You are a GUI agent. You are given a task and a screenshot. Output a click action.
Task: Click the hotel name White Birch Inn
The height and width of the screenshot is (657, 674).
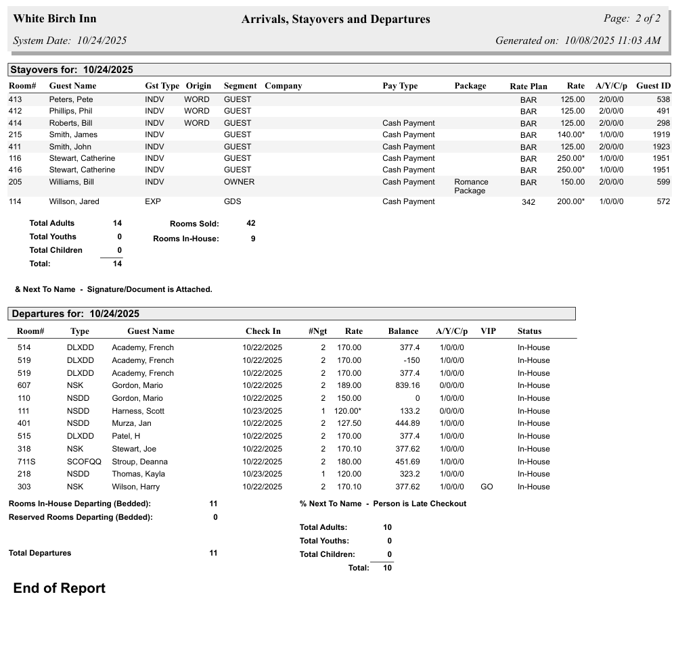pos(55,19)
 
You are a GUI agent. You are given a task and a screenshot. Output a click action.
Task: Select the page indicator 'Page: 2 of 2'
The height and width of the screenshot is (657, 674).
pos(631,18)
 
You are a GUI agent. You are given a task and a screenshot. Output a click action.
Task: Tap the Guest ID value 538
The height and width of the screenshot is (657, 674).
pos(663,99)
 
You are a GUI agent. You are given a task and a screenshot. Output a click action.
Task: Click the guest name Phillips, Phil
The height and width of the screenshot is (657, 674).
pos(70,111)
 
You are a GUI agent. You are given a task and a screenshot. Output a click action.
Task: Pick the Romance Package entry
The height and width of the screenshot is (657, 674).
pos(471,186)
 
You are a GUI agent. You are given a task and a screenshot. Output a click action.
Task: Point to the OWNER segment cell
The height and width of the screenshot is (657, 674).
pos(239,182)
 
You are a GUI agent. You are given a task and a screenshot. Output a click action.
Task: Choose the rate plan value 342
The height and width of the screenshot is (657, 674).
pos(529,202)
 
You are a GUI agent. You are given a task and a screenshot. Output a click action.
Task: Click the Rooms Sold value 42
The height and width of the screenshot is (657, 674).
pos(250,223)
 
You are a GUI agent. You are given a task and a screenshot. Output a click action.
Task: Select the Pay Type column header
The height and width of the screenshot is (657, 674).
pos(400,86)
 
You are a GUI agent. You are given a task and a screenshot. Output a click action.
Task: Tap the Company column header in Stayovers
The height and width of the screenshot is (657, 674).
pos(283,86)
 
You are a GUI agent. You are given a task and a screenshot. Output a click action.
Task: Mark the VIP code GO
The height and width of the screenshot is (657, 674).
pos(487,487)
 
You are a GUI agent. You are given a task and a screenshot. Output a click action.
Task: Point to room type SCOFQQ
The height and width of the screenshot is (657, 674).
pos(84,462)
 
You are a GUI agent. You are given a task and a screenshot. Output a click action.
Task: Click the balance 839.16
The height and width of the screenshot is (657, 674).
pos(406,385)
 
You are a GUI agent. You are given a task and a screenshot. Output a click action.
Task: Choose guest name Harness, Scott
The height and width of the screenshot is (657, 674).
pos(138,411)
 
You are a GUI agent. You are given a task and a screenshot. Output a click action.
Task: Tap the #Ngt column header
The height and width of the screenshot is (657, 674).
pos(317,331)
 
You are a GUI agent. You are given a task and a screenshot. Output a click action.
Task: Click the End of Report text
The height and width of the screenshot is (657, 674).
pos(60,588)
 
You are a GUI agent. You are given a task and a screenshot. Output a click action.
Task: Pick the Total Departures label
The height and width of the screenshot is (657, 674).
pos(40,553)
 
